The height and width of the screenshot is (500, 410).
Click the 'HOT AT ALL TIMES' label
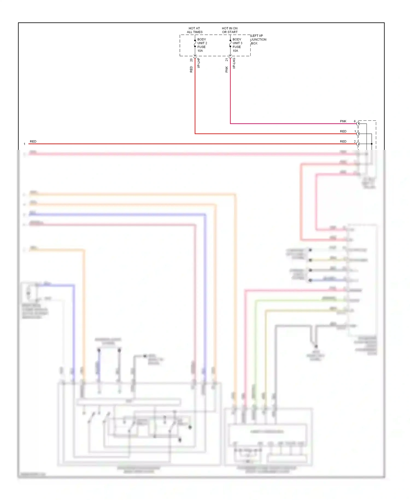pos(194,30)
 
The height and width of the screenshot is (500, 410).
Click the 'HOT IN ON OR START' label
pos(230,30)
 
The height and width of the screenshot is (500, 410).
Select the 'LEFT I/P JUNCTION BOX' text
pos(258,39)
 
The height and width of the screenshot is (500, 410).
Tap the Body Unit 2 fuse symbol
pos(195,43)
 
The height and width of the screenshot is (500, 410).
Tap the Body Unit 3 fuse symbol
pos(230,43)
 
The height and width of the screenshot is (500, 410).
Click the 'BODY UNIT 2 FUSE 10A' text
pos(202,45)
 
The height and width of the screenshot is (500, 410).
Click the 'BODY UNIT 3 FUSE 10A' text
pos(237,45)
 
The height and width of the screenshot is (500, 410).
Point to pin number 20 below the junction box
pos(191,60)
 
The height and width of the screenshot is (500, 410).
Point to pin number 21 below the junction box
pos(227,60)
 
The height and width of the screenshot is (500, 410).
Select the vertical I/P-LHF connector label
pos(199,63)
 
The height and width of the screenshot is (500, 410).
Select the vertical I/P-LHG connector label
pos(234,63)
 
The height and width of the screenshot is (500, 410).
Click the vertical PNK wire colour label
pos(227,69)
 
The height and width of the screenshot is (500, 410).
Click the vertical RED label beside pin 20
pos(191,69)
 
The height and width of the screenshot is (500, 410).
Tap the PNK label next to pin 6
pos(343,121)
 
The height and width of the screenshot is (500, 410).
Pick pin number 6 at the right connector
pos(355,121)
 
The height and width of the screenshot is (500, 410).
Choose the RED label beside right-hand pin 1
pos(343,131)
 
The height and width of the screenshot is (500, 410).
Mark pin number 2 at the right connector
pos(355,141)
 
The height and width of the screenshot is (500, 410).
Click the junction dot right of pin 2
pos(371,144)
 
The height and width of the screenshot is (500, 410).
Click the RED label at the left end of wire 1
pos(33,141)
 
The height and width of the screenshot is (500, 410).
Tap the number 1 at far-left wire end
pos(24,144)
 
